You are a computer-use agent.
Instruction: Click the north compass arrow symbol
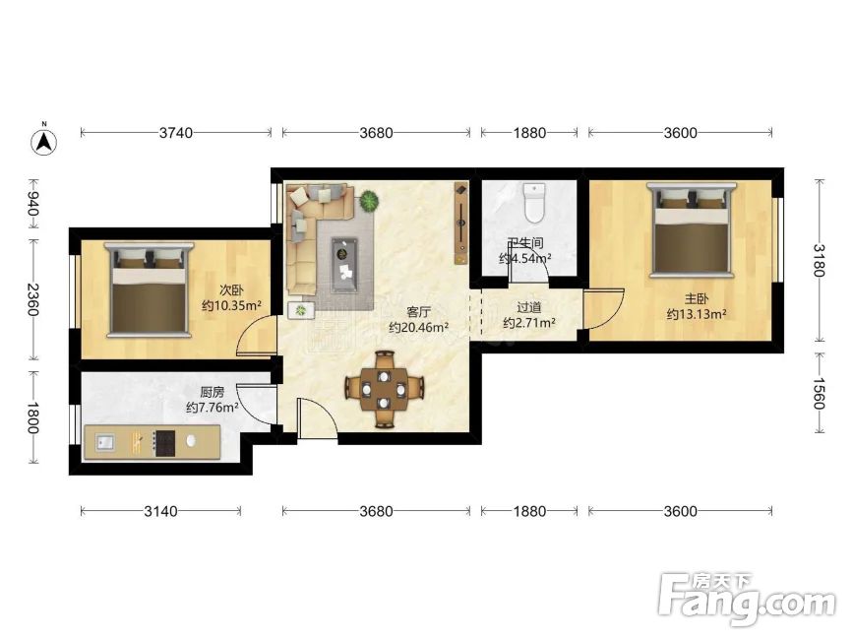coord(43,141)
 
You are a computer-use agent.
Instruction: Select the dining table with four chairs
coord(384,390)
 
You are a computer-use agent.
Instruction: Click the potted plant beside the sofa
coord(369,201)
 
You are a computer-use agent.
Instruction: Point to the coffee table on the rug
coord(344,265)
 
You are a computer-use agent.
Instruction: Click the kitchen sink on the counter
coord(105,442)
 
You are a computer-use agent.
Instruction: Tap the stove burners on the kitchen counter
coord(164,443)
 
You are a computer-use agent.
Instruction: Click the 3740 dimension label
coord(176,133)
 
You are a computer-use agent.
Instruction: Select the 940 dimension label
coord(33,204)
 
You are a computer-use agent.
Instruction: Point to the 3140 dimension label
coord(160,512)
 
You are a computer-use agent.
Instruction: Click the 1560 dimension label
coord(820,394)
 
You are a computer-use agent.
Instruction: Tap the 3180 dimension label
coord(820,260)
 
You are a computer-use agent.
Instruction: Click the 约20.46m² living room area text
coord(418,328)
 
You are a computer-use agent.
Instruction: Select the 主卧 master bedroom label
coord(697,298)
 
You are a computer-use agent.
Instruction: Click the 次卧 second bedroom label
coord(232,290)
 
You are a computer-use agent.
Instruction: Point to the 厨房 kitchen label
coord(213,392)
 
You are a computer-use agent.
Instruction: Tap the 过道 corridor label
coord(529,308)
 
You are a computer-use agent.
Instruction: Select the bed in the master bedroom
coord(691,228)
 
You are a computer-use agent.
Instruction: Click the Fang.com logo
coord(747,599)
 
